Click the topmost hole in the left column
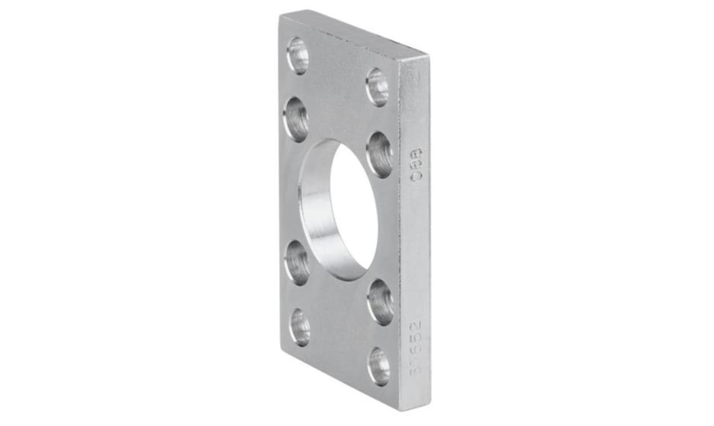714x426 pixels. [298, 55]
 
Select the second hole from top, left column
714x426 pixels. [296, 119]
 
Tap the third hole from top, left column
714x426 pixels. [297, 262]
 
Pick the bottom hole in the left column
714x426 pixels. [300, 327]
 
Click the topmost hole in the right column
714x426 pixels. [377, 87]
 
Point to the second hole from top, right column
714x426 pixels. [379, 154]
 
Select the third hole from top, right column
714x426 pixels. [380, 302]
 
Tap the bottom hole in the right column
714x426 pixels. [379, 366]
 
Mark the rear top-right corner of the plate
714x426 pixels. [428, 56]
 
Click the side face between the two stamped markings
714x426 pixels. [416, 252]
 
